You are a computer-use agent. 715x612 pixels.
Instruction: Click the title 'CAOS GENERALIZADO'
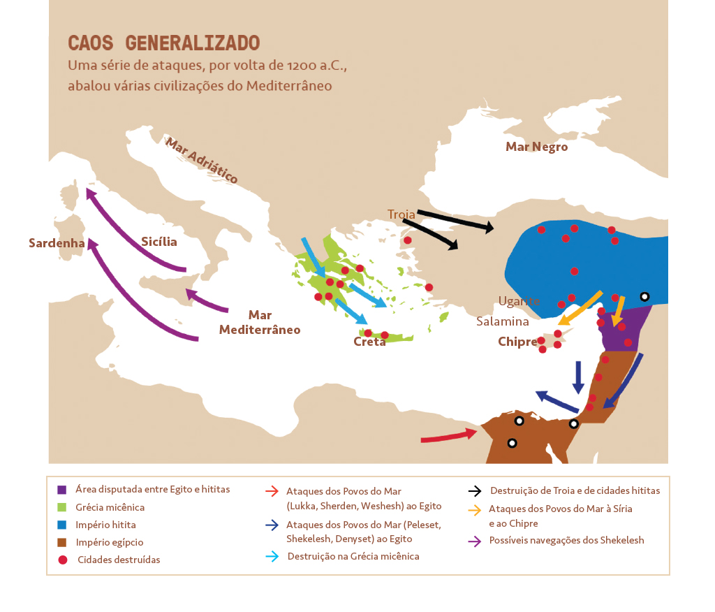tap(163, 43)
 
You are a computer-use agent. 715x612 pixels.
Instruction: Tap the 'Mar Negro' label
tap(536, 147)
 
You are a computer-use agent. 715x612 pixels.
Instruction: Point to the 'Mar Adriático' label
tap(201, 160)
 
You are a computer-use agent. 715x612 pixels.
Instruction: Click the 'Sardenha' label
tap(57, 243)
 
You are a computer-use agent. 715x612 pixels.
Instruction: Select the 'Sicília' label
tap(159, 242)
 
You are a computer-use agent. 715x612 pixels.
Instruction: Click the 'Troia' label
tap(401, 214)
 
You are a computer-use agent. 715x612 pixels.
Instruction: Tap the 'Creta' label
tap(369, 342)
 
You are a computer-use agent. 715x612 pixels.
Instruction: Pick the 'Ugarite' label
tap(519, 301)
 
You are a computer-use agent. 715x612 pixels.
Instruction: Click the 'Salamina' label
tap(502, 321)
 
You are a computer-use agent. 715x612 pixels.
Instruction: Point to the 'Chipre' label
tap(517, 342)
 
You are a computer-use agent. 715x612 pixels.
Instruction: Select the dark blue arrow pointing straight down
tap(578, 377)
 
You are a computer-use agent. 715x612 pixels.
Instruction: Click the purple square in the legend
tap(62, 490)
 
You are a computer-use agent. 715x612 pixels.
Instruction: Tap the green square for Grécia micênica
tap(62, 507)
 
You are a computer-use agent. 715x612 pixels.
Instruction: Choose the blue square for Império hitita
tap(62, 525)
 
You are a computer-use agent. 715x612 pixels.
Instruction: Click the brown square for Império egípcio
tap(62, 542)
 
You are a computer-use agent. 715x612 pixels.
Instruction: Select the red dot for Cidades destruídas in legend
tap(62, 560)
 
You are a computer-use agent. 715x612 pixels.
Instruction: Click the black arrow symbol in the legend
tap(476, 490)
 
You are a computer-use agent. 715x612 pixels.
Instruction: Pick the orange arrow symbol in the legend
tap(475, 511)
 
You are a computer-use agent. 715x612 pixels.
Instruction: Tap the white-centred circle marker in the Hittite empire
tap(644, 297)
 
